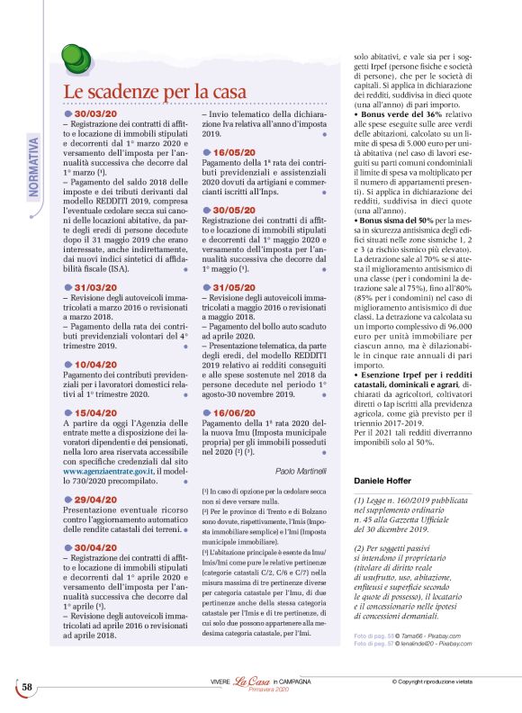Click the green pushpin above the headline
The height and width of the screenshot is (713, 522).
point(76,60)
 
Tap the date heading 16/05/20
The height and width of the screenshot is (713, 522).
point(232,152)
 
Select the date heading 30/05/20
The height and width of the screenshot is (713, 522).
point(232,210)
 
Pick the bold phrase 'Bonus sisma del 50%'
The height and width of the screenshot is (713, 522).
point(402,221)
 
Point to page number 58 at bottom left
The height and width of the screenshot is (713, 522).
point(27,687)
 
